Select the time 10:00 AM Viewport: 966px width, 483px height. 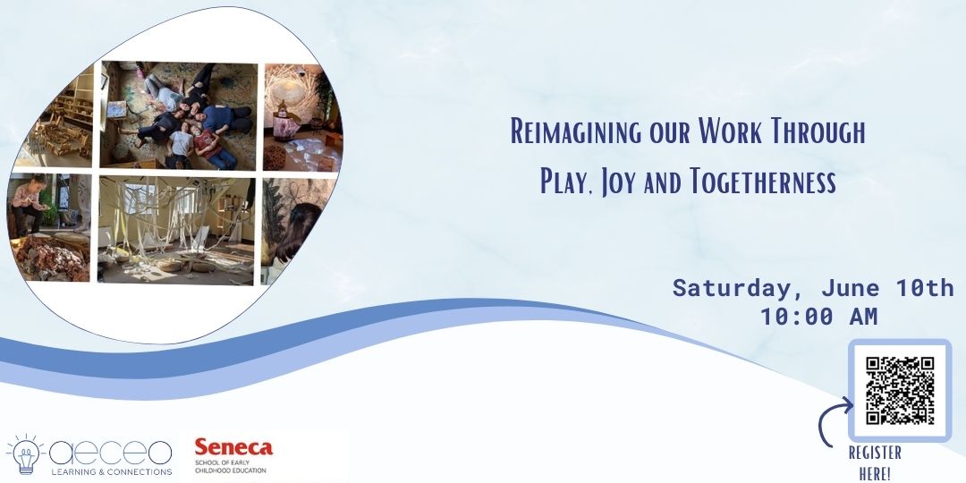coord(818,316)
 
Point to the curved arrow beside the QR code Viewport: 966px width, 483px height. coord(832,424)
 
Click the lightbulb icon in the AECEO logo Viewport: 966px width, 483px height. coord(25,453)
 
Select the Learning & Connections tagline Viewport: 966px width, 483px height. coord(111,471)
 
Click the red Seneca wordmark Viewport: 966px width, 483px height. coord(233,447)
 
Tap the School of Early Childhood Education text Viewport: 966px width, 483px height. coord(230,467)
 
